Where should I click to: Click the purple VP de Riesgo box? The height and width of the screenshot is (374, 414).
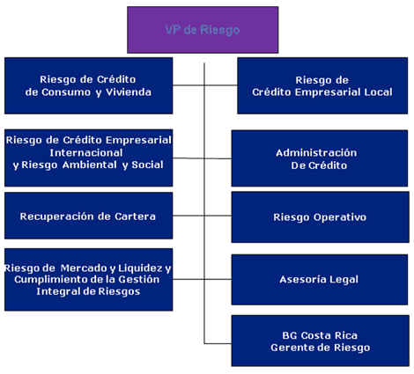point(202,29)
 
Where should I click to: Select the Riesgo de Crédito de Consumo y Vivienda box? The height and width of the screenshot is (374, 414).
point(88,85)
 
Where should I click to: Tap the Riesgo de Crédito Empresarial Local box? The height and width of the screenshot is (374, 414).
point(322,85)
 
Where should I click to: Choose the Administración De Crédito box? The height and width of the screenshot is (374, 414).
point(319,158)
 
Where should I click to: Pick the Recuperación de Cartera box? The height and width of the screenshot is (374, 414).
point(88,216)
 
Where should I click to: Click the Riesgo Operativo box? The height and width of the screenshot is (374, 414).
point(319,216)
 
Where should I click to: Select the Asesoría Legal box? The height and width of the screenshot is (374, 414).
point(319,279)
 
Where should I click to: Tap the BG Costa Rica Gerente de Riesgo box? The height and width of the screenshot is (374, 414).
point(319,341)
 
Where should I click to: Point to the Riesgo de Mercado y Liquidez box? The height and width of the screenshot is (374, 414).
point(88,279)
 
